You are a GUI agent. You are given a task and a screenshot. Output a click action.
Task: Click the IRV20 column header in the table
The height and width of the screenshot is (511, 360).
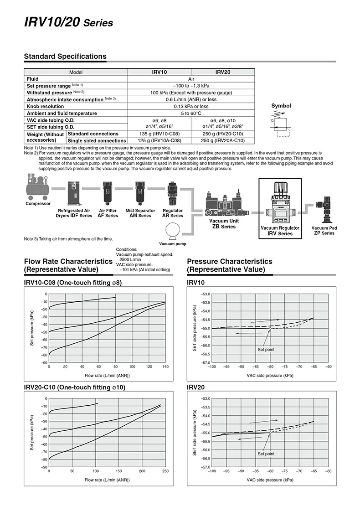(223, 72)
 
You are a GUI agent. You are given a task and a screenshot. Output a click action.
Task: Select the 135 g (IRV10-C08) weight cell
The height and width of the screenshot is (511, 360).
(159, 134)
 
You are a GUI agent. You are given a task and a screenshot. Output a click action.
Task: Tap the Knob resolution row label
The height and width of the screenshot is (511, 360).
(45, 106)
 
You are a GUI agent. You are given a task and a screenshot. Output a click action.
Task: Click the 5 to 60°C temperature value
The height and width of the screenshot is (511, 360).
(191, 113)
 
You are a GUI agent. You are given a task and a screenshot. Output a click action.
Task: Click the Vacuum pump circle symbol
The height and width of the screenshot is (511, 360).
(173, 231)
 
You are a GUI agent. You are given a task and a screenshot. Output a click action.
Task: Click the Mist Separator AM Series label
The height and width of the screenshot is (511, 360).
(140, 213)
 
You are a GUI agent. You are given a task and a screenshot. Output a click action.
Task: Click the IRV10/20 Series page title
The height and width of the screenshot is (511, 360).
(68, 22)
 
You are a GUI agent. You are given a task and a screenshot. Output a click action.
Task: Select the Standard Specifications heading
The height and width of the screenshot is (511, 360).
(65, 57)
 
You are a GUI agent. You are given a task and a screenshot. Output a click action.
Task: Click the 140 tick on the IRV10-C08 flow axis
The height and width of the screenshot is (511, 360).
(165, 366)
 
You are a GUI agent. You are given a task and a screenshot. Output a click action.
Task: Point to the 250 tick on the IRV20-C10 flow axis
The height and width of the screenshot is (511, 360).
(165, 471)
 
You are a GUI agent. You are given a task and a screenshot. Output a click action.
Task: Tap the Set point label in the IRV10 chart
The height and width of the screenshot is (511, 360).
(266, 350)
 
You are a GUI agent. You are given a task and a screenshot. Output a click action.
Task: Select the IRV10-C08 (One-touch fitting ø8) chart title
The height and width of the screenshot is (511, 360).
(73, 283)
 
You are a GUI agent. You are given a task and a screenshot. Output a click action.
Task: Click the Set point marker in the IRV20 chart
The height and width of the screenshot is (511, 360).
(270, 433)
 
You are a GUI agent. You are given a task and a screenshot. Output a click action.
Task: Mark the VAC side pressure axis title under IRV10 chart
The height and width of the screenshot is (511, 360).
(270, 376)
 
